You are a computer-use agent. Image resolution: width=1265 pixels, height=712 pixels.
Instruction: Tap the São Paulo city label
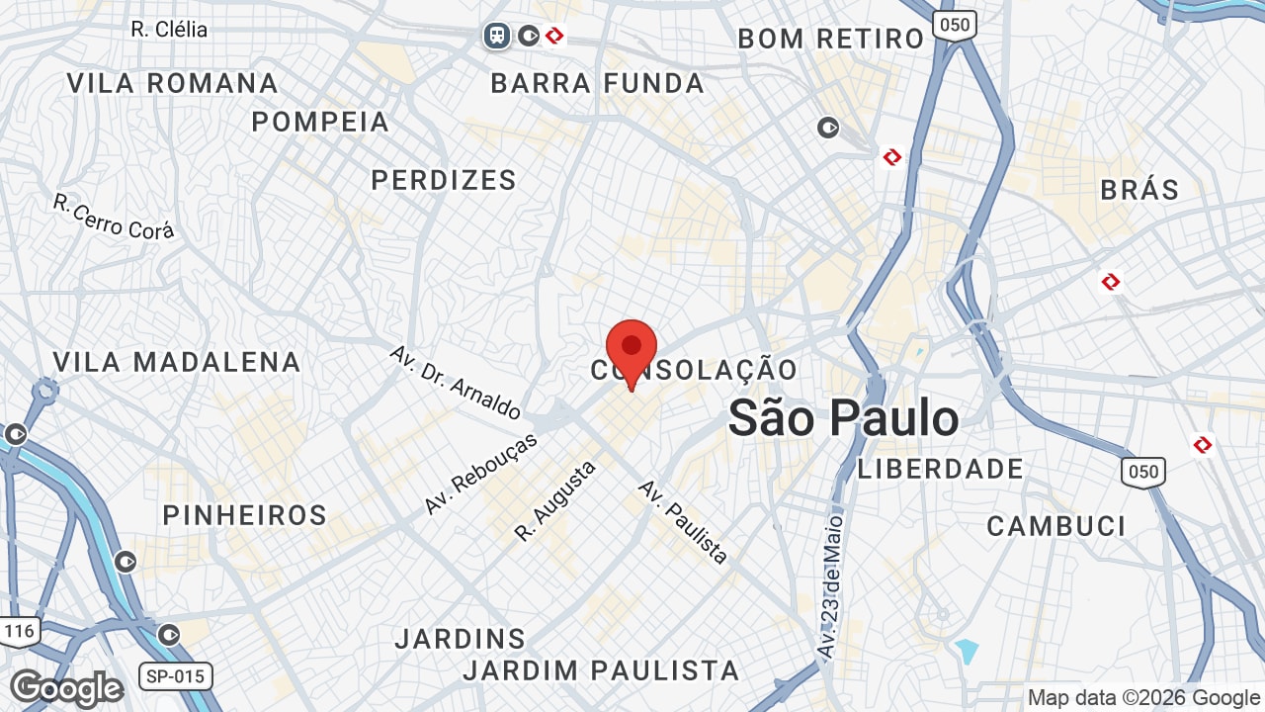click(843, 418)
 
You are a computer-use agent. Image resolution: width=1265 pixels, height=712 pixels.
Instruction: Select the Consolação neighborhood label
click(694, 371)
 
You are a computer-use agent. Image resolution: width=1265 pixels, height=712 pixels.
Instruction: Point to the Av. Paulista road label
click(683, 521)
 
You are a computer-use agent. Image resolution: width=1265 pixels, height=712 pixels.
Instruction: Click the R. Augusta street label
click(555, 501)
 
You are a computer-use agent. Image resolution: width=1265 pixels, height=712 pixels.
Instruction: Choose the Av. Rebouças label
click(480, 474)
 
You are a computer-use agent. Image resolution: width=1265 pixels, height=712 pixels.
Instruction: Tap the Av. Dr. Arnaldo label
click(455, 382)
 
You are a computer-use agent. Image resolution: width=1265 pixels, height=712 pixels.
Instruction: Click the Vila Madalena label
click(177, 362)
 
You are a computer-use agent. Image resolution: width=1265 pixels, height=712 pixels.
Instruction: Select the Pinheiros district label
click(244, 515)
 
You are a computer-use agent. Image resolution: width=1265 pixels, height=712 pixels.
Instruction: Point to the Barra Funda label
click(598, 84)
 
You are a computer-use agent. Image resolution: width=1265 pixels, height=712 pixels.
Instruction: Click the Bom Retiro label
click(831, 40)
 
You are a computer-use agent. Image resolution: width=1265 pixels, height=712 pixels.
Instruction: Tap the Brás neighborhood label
click(1139, 190)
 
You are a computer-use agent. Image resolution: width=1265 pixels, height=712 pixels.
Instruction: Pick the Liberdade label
click(940, 469)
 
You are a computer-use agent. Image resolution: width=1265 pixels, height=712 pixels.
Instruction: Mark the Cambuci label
click(1055, 526)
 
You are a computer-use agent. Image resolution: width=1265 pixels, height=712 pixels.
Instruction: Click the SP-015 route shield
click(175, 676)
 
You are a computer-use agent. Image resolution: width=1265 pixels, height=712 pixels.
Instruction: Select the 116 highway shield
click(19, 630)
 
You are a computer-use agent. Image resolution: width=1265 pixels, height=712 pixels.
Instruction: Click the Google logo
click(66, 688)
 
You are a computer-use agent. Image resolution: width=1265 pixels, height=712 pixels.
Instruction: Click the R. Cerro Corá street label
click(114, 217)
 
